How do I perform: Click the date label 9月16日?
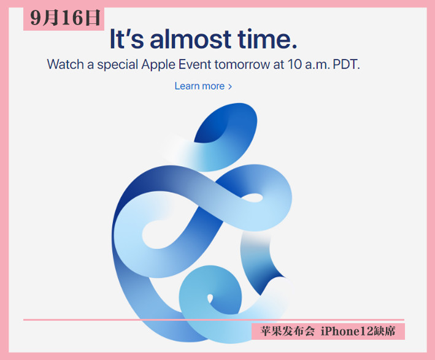pos(65,18)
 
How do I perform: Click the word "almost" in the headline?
pos(191,39)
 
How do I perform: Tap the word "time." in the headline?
pos(267,39)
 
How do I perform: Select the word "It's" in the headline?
pos(127,39)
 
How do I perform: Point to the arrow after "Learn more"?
pos(229,86)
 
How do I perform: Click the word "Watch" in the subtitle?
pos(66,64)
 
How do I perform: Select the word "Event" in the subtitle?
pos(194,64)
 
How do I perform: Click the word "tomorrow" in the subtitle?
pos(242,65)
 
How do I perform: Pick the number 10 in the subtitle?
pos(294,64)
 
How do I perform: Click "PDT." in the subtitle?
pos(346,64)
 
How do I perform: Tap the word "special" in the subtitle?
pos(117,65)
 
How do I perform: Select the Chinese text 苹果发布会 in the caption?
pos(287,331)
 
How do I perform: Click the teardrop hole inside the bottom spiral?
pos(210,299)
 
